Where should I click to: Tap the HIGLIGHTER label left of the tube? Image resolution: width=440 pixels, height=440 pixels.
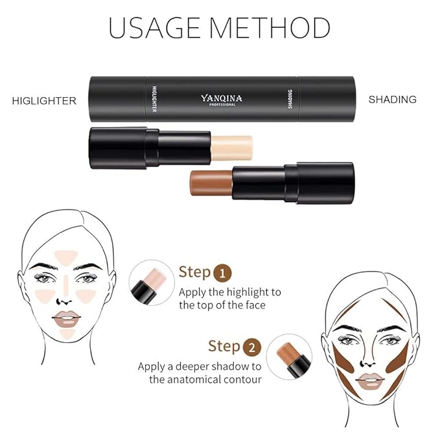[x=44, y=100]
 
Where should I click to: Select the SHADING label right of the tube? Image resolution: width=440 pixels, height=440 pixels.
[x=392, y=99]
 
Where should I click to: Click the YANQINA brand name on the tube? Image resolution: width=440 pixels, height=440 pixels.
[x=221, y=98]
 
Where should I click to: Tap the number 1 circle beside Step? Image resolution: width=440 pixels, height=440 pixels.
[x=222, y=272]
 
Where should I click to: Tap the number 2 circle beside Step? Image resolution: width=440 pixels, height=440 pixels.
[x=252, y=347]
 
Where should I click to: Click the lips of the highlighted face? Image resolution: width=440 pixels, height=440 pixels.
[x=66, y=318]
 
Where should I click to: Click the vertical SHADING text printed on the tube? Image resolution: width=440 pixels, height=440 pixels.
[x=289, y=100]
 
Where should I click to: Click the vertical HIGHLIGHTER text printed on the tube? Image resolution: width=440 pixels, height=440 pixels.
[x=154, y=99]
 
